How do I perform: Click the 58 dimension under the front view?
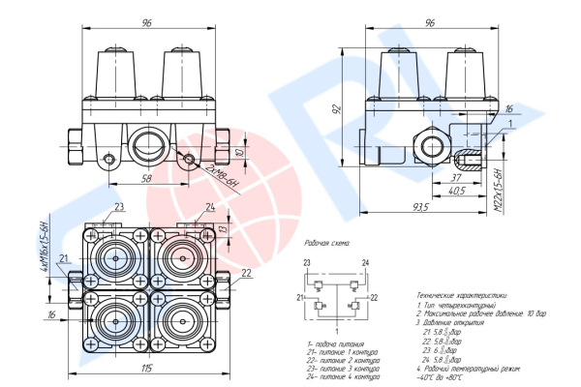tap(145, 179)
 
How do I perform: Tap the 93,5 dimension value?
tap(418, 207)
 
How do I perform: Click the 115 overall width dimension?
tap(145, 368)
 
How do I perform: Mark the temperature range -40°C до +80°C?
tap(442, 377)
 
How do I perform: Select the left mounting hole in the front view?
tap(109, 159)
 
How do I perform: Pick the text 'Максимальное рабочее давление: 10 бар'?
tap(474, 313)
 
